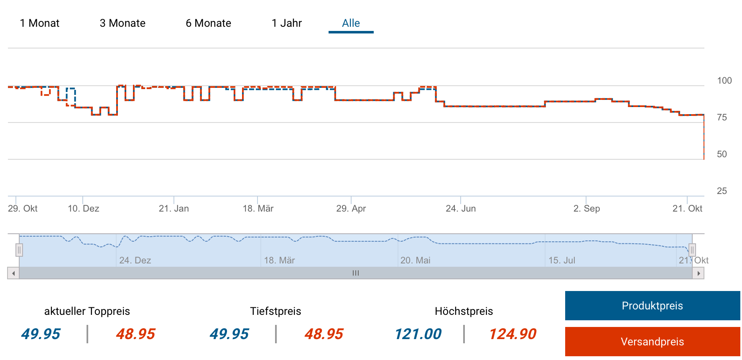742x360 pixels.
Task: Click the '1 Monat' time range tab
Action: point(40,23)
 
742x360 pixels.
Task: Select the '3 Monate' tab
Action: point(122,23)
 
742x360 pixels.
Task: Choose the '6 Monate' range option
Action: point(208,23)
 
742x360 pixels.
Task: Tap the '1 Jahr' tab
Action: point(286,23)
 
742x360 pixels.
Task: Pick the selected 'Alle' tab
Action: point(351,23)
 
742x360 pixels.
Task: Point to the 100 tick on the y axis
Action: point(724,81)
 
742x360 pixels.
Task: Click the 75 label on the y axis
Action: point(722,117)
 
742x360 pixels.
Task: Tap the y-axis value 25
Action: point(722,191)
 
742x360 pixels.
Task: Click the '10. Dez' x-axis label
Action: point(83,209)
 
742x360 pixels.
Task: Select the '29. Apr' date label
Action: point(351,209)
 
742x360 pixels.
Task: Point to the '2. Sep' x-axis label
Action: point(586,209)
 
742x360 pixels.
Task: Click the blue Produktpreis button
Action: point(652,306)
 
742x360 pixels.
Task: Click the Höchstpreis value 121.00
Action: point(418,334)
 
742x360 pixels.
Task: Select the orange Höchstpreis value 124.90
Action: point(513,334)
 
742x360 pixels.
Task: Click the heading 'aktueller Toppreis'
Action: point(87,311)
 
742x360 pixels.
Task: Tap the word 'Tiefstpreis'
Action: point(275,311)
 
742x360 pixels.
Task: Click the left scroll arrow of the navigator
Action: point(13,273)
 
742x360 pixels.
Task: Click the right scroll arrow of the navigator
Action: point(698,273)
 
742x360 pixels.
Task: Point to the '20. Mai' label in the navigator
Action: point(415,260)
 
